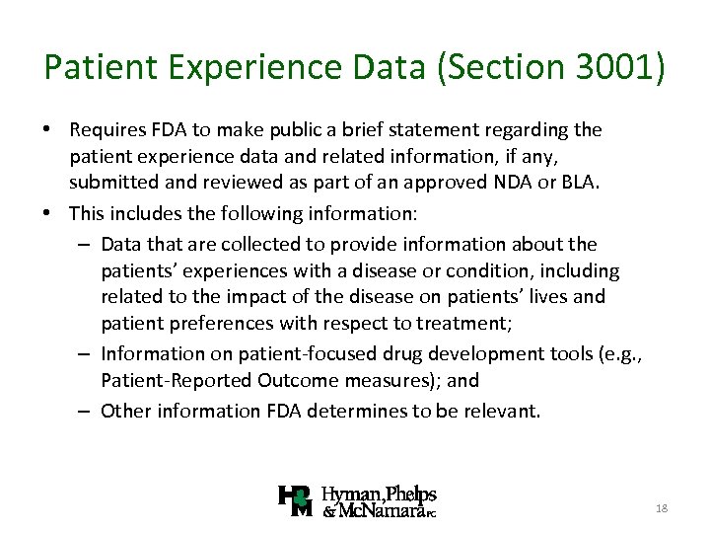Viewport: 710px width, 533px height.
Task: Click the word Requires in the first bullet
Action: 107,130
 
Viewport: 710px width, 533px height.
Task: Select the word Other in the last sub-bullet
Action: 123,411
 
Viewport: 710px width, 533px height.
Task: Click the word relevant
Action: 503,411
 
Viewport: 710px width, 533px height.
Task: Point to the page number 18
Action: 662,507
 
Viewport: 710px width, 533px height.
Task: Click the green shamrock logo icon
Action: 295,501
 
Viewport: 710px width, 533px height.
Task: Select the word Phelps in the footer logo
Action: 412,494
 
